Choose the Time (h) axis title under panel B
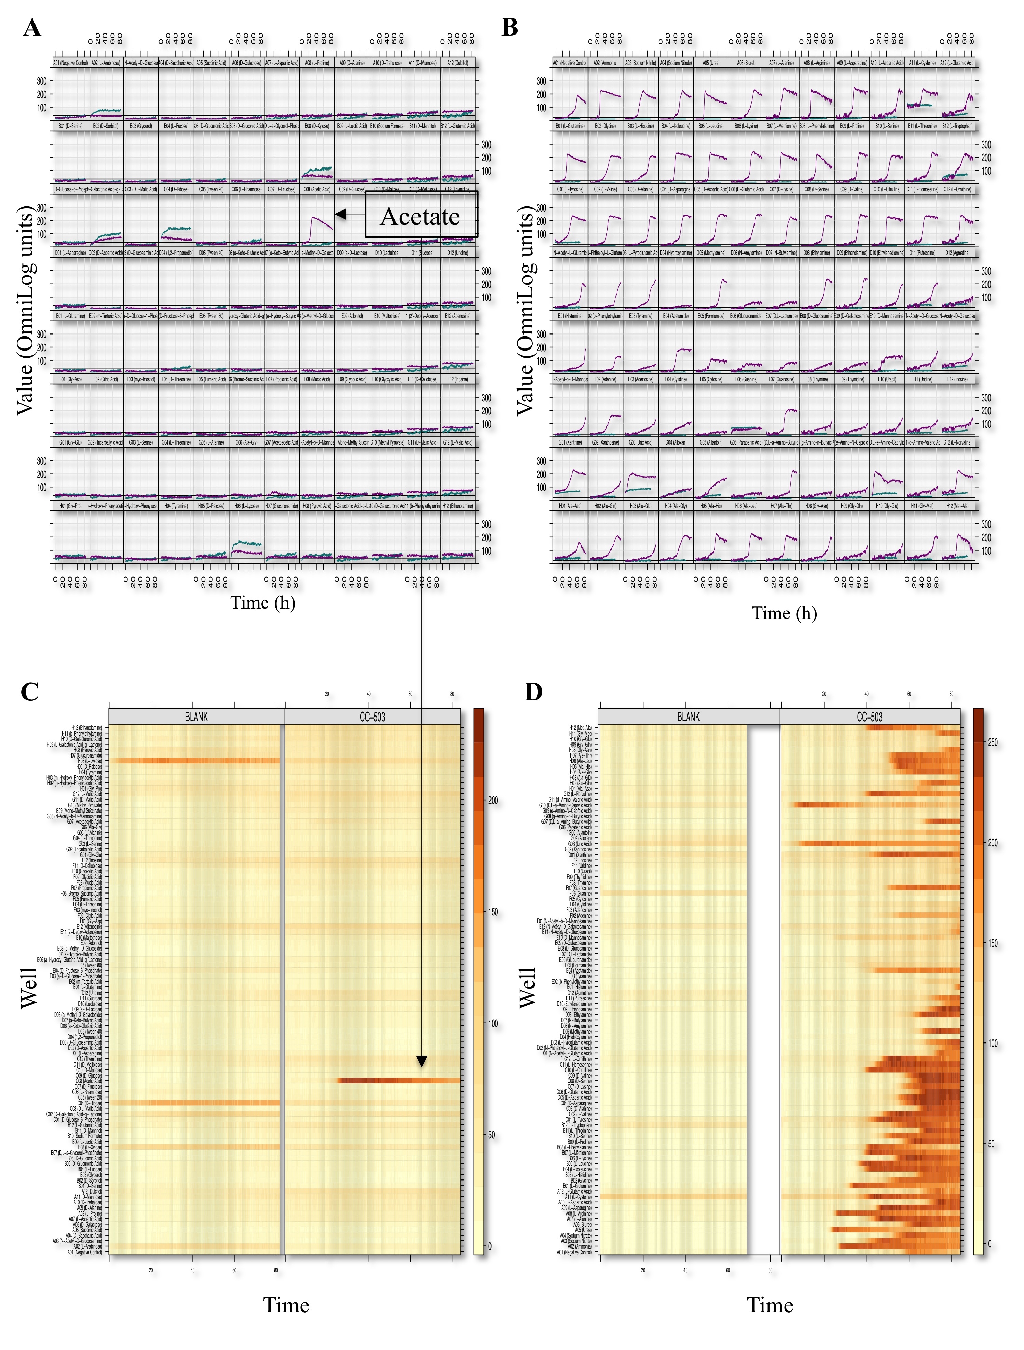[x=784, y=613]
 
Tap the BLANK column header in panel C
[x=196, y=717]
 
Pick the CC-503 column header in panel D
[x=869, y=717]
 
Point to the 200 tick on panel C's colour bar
[x=493, y=800]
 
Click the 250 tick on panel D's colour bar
[x=993, y=742]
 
